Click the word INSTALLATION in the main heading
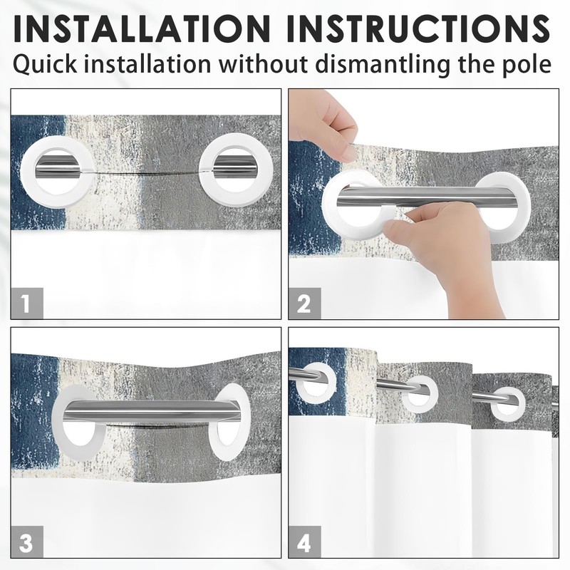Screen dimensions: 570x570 [x=142, y=28]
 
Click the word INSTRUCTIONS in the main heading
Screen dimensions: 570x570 [x=418, y=28]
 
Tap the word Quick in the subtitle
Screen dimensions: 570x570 [x=45, y=65]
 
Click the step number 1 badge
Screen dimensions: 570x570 [x=27, y=303]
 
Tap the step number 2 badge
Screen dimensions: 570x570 [x=305, y=303]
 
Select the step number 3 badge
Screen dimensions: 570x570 [x=27, y=541]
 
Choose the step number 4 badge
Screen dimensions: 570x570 [x=305, y=541]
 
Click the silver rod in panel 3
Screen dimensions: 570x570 [x=149, y=411]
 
